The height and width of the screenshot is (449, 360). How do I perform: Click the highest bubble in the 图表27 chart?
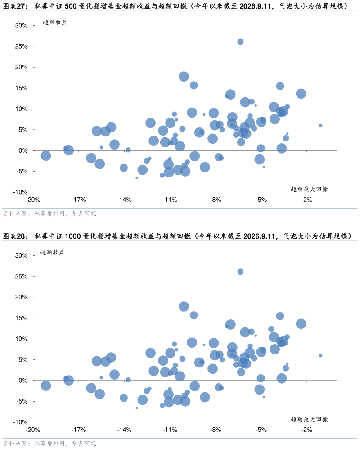(240, 42)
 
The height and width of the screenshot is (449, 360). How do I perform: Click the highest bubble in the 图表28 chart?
(240, 272)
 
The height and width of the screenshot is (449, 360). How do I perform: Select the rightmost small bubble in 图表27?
(320, 125)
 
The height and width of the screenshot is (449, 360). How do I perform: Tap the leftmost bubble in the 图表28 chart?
(46, 386)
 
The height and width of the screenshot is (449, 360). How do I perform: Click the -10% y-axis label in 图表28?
(20, 422)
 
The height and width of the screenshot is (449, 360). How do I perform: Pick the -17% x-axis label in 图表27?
(79, 200)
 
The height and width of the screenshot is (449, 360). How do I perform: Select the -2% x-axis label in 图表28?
(307, 430)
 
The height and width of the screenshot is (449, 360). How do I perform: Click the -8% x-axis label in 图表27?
(216, 200)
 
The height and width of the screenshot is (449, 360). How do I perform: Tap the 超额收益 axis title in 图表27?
(55, 23)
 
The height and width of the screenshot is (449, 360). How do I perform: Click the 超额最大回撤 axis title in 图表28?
(309, 419)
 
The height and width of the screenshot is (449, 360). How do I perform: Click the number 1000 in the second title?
(73, 236)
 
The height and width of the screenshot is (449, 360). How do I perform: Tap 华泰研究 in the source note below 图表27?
(84, 213)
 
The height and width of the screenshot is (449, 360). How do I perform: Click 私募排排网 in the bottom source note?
(49, 444)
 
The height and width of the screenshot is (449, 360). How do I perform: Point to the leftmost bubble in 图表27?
(46, 156)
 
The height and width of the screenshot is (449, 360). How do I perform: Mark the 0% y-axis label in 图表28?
(23, 381)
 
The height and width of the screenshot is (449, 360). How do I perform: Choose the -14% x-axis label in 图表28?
(124, 430)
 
